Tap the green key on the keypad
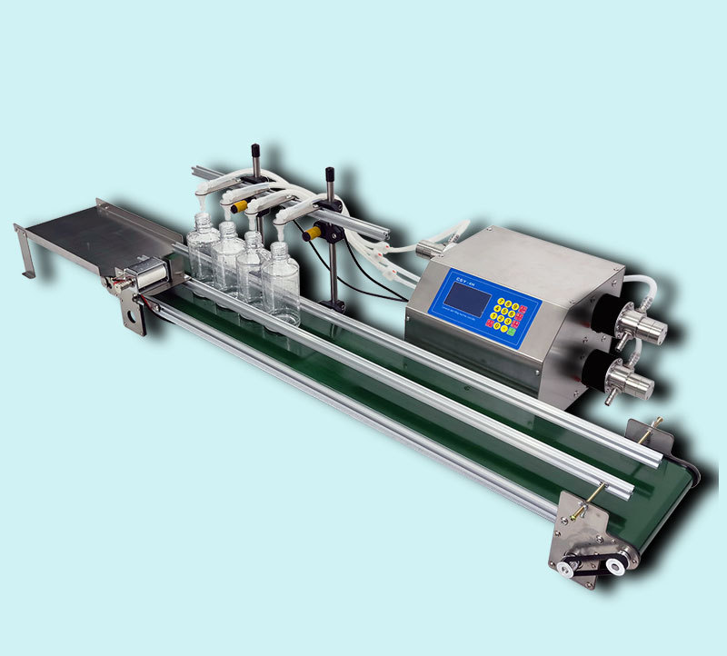pos(512,331)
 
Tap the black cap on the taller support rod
pos(329,172)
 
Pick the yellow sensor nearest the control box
pos(312,233)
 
